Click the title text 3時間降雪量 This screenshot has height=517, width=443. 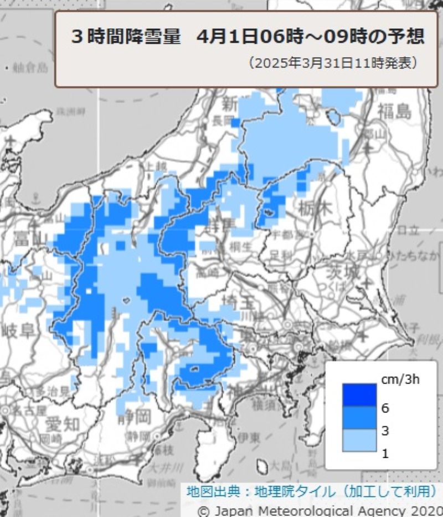(x=126, y=37)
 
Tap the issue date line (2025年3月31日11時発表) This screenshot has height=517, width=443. (x=333, y=62)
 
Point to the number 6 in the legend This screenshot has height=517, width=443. (x=385, y=408)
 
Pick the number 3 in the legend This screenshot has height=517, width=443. (x=385, y=431)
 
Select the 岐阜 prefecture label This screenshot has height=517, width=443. (x=18, y=331)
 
